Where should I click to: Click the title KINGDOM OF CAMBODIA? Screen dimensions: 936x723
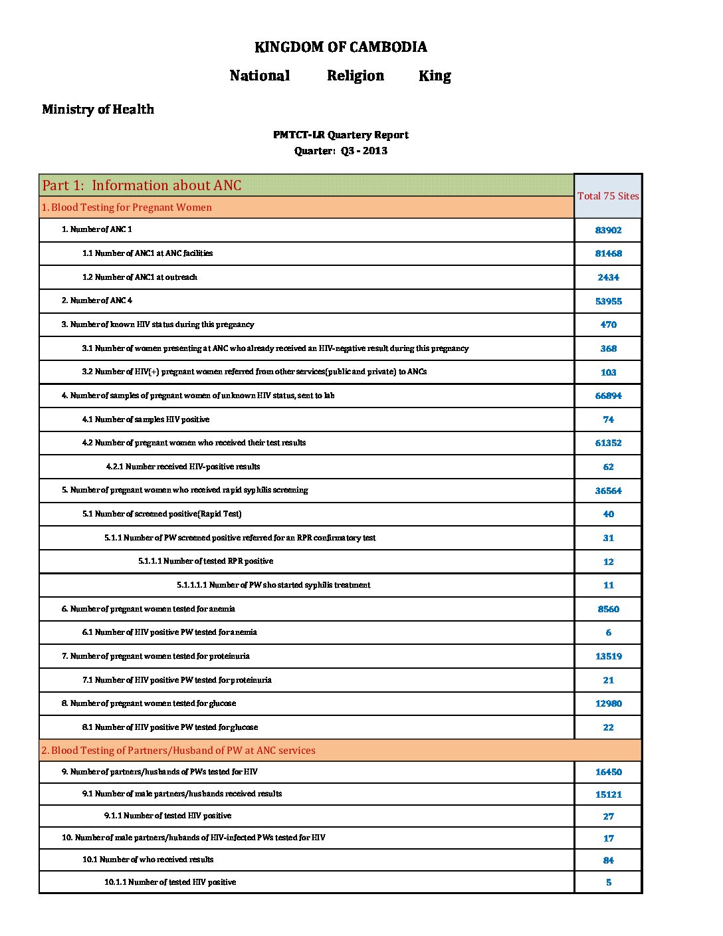click(x=341, y=47)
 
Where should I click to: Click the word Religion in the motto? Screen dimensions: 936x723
click(x=356, y=76)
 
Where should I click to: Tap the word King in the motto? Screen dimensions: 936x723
click(x=435, y=76)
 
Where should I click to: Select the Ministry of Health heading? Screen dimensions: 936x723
click(x=98, y=110)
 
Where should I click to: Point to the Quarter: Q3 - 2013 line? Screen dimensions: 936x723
click(x=341, y=151)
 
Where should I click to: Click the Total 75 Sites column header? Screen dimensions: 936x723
click(x=608, y=196)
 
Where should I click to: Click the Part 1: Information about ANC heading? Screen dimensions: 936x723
click(x=142, y=185)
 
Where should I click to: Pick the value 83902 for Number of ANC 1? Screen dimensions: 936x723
click(x=608, y=230)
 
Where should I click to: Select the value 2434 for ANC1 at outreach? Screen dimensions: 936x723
click(x=608, y=277)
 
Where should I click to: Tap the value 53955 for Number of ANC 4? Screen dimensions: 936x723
click(x=608, y=301)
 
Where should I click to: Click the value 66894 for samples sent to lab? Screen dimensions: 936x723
click(x=608, y=396)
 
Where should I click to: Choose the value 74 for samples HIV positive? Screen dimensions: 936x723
click(x=608, y=419)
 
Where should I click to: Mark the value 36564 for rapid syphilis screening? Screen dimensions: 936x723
click(x=608, y=491)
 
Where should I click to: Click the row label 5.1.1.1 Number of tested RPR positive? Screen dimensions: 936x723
click(x=205, y=561)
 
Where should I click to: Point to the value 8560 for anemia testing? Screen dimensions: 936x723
click(x=608, y=609)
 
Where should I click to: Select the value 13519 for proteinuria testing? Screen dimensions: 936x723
click(x=608, y=656)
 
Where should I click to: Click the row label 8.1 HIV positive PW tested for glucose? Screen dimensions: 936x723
click(x=170, y=727)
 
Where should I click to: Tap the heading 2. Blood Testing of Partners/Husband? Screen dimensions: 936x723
click(x=178, y=751)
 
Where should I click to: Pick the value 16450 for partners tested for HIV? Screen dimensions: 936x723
click(x=608, y=772)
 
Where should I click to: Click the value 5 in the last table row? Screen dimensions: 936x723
click(x=608, y=882)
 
